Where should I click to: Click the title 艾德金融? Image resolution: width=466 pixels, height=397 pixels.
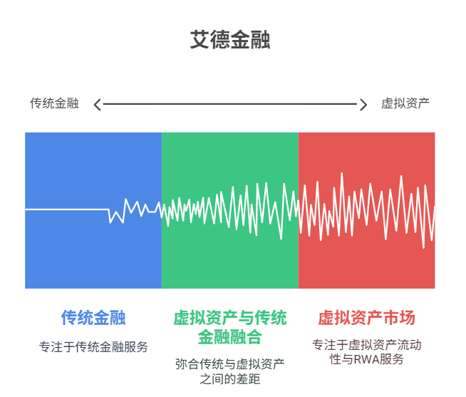point(230,39)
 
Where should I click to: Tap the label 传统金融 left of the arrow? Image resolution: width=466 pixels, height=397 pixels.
point(54,103)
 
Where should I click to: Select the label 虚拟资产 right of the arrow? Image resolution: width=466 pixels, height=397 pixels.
point(405,103)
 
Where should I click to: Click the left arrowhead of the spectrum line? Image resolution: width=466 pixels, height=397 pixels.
point(97,105)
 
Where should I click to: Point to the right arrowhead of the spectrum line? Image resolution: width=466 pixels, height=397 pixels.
point(364,105)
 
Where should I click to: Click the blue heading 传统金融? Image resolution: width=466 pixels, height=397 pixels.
point(93,318)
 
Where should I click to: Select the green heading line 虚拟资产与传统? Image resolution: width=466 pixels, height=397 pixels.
point(230,318)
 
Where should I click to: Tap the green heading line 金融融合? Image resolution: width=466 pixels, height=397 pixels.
point(230,337)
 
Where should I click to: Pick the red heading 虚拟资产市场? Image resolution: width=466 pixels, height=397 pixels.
point(366,318)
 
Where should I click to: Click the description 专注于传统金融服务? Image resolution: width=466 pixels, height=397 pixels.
point(93,346)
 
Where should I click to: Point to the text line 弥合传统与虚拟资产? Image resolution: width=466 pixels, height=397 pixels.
point(230,364)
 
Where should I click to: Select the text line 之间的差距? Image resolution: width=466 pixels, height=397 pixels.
point(230,379)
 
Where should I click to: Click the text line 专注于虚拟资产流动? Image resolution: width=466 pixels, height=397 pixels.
point(366,345)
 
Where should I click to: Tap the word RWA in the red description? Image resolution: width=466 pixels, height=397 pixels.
point(366,359)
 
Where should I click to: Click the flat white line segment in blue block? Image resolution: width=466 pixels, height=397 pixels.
point(67,210)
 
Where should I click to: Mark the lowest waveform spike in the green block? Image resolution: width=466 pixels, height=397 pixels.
point(281,239)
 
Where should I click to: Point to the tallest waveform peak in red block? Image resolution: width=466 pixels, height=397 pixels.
point(342,173)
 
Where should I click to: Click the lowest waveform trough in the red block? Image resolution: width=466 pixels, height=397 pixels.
point(423,247)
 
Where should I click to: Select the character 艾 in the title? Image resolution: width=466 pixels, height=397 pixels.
point(200,39)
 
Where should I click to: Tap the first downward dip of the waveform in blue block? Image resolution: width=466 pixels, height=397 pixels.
point(110,222)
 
